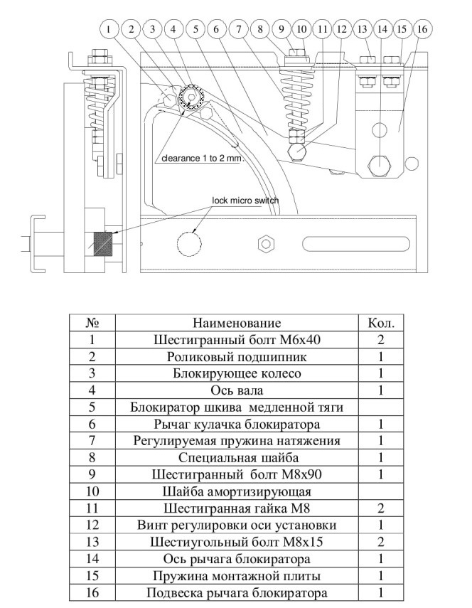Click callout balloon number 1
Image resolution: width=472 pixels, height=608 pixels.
click(109, 29)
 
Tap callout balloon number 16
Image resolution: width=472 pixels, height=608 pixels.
click(422, 29)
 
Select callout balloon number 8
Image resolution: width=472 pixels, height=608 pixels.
click(260, 29)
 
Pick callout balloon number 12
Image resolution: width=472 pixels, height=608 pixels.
click(341, 29)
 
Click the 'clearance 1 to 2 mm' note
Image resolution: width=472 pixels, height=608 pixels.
click(201, 158)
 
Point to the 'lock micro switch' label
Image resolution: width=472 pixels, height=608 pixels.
click(245, 201)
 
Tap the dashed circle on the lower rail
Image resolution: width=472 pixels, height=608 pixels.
click(189, 244)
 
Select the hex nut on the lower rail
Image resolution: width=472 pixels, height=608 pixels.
click(266, 244)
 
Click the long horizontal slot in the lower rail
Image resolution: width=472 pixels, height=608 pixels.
click(355, 244)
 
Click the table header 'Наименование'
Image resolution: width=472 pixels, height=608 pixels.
click(237, 323)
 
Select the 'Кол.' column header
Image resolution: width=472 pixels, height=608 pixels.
click(381, 323)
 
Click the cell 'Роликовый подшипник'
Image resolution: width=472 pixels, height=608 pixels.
click(237, 357)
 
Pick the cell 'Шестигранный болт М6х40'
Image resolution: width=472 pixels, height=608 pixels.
click(237, 340)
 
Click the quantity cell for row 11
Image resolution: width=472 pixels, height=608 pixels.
click(381, 508)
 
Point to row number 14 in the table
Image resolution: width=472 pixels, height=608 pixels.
click(92, 559)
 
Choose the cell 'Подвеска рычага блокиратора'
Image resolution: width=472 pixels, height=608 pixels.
click(237, 593)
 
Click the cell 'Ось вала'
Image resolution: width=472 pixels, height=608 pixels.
click(237, 390)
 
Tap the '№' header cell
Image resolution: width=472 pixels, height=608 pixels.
click(92, 323)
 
